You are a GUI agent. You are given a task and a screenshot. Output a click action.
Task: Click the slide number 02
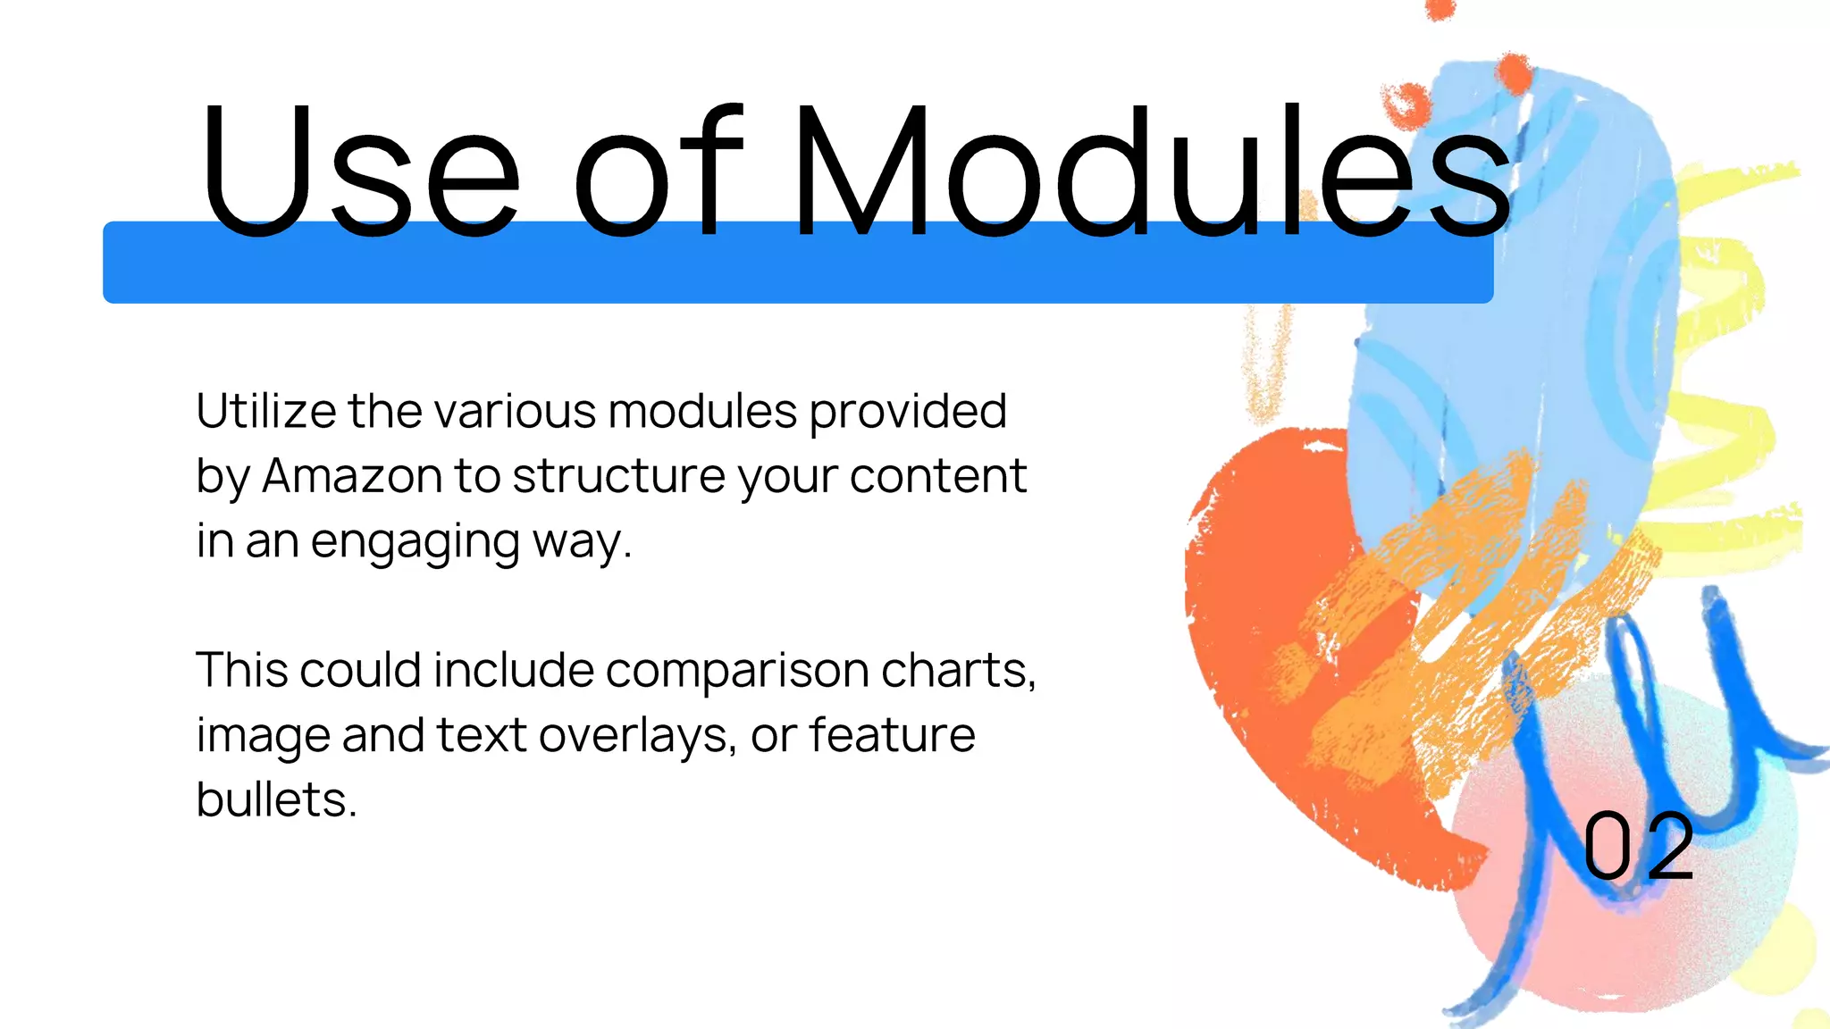point(1638,846)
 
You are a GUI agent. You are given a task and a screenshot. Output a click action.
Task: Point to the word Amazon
point(352,476)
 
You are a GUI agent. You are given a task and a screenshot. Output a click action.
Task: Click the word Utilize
point(266,411)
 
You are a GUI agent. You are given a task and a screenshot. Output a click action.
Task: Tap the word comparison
point(737,670)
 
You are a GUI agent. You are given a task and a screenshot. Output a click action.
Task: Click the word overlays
point(638,735)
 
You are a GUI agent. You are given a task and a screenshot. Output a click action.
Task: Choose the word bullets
point(276,799)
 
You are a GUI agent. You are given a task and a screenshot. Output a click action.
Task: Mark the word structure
point(619,476)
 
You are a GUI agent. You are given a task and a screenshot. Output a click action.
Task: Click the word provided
point(908,413)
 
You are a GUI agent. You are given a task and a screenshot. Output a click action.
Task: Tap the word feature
point(892,735)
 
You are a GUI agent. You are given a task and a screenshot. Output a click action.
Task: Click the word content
point(938,476)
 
